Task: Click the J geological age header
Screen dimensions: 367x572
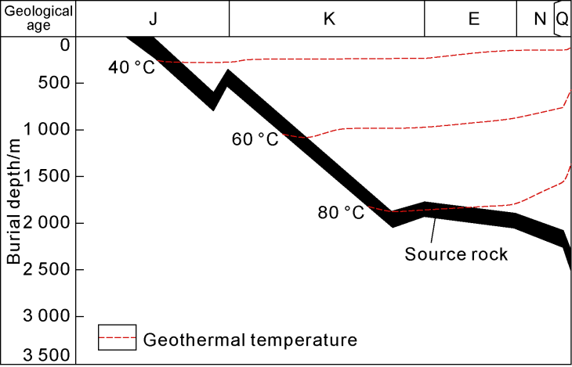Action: point(153,18)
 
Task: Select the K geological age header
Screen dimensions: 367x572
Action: point(329,18)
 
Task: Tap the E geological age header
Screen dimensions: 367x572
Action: point(473,18)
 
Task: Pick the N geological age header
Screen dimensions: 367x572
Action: point(539,18)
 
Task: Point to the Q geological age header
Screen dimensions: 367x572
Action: point(563,18)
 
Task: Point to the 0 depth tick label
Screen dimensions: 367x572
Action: point(65,45)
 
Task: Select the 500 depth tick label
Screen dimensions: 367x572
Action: point(56,83)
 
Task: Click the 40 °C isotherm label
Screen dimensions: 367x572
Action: point(132,68)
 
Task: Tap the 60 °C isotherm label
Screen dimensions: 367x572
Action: point(255,140)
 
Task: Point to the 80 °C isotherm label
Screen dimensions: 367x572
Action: point(342,213)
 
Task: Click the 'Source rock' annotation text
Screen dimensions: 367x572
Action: point(456,254)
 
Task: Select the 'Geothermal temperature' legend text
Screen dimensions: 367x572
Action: point(251,340)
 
